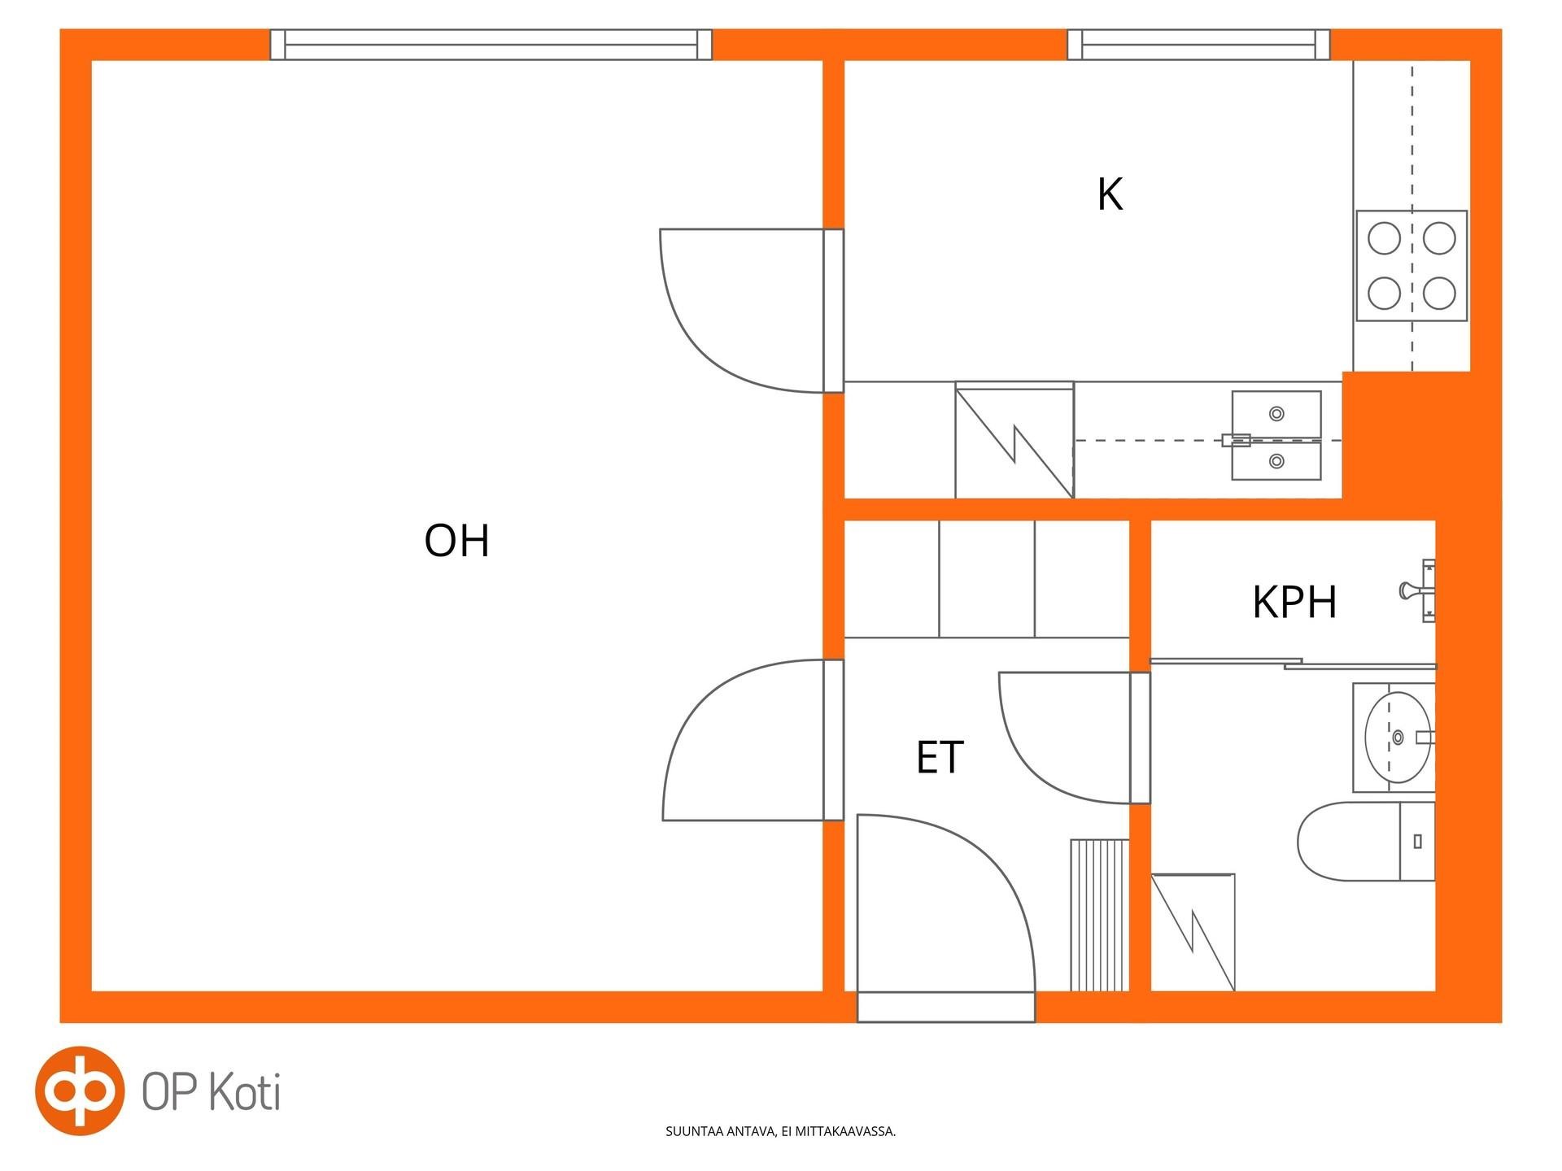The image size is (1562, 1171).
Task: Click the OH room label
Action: coord(456,541)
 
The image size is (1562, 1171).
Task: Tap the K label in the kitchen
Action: coord(1110,195)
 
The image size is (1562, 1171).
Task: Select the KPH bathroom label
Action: coord(1294,603)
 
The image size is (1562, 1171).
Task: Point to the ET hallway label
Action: coord(940,757)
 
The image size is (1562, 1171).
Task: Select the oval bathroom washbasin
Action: coord(1398,738)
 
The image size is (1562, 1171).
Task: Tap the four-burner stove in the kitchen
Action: coord(1411,266)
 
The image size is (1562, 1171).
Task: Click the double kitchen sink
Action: coord(1276,436)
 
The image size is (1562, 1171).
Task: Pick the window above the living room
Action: coord(491,45)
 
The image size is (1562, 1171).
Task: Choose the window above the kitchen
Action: coord(1198,45)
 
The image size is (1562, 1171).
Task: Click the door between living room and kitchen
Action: coord(751,311)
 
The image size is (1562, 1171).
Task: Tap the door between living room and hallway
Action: coord(753,740)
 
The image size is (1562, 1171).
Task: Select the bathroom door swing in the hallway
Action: coord(1074,738)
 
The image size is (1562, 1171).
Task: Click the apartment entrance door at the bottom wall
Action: coord(946,918)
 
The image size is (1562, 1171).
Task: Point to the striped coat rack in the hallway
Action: coord(1100,915)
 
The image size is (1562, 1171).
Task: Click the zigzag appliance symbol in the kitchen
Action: coord(1014,440)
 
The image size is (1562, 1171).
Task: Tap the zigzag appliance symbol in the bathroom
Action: coord(1193,932)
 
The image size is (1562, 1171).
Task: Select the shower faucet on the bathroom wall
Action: coord(1417,591)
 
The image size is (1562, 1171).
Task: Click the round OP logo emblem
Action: coord(80,1090)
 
